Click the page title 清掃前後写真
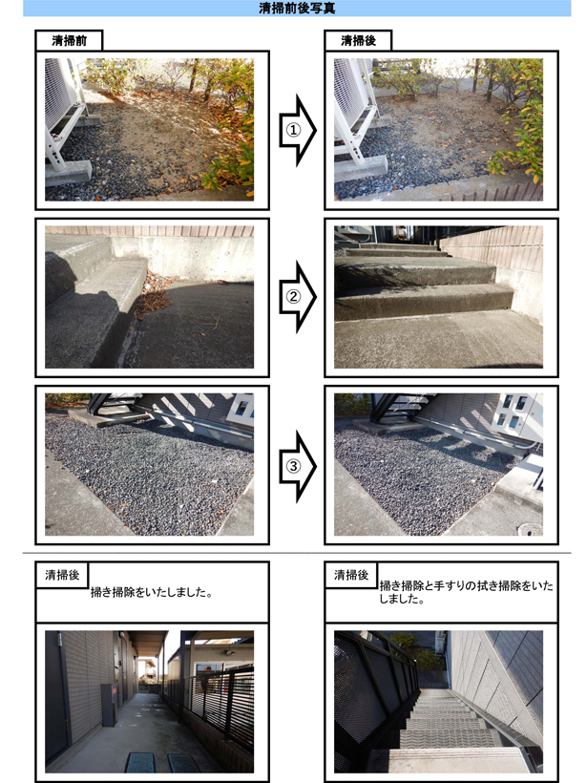point(297,8)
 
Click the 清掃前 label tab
point(69,40)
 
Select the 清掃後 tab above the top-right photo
point(358,40)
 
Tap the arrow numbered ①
point(298,130)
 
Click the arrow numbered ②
point(298,297)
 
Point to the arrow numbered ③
point(298,466)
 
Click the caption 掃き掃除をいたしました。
point(152,592)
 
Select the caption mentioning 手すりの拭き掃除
point(466,592)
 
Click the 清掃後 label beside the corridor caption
point(62,575)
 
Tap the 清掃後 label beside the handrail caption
point(351,575)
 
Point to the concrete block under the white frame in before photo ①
point(68,172)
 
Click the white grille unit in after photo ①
point(351,93)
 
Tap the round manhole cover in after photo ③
point(531,529)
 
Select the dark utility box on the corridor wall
point(108,705)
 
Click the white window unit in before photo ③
point(241,410)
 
